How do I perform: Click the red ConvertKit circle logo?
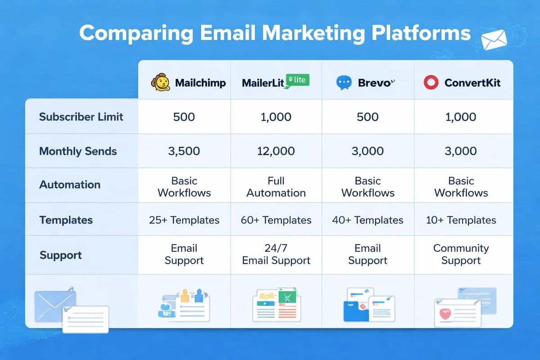point(431,83)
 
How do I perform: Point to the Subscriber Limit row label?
point(81,117)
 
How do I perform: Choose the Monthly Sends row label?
point(78,151)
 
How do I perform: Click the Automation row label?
point(70,184)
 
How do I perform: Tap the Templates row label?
point(66,220)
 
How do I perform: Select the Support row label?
point(61,255)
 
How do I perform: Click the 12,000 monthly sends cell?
point(276,151)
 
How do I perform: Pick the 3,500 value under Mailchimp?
point(184,151)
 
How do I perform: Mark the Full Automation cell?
point(276,187)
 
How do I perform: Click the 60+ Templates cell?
point(276,220)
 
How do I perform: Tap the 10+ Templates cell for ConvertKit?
point(461,220)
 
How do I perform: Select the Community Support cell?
point(461,254)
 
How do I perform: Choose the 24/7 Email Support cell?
point(276,254)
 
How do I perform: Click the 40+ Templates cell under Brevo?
point(368,220)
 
